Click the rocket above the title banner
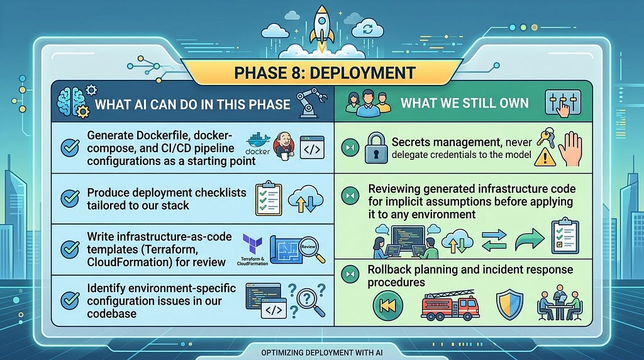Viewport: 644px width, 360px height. point(321,27)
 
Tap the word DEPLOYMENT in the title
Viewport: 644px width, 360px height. point(363,73)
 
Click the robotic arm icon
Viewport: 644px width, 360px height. point(311,102)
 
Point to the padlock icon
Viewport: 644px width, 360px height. point(376,148)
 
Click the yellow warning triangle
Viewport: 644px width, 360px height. point(545,157)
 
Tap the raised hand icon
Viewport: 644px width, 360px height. point(570,149)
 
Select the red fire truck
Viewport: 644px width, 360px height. point(449,305)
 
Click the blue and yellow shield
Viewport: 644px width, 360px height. point(509,305)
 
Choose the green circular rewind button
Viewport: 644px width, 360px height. point(387,305)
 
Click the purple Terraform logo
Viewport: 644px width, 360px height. point(252,244)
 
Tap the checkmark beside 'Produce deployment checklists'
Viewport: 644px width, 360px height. point(70,198)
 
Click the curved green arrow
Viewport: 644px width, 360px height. point(530,239)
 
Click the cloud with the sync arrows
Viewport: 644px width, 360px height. point(367,29)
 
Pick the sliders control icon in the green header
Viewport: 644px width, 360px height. point(563,103)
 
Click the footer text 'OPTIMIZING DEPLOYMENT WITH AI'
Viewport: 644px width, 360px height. point(322,352)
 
